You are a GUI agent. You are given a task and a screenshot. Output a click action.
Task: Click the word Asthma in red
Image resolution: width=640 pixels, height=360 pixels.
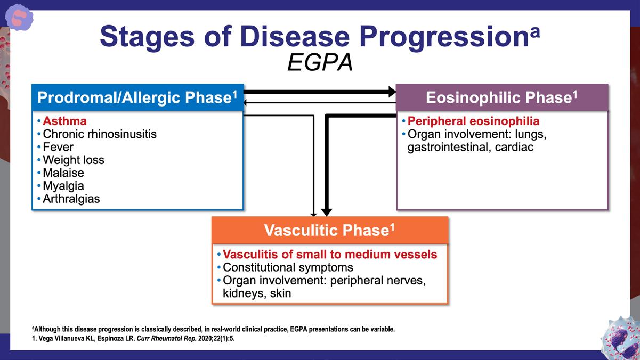64,121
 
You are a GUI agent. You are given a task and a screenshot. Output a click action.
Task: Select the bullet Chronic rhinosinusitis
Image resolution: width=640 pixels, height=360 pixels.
100,134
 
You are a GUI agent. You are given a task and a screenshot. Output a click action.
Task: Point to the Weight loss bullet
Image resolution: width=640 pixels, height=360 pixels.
73,160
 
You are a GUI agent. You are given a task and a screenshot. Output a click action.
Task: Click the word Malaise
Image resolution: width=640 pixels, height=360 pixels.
63,173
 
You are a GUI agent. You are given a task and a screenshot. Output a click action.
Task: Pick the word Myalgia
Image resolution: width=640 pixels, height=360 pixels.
63,186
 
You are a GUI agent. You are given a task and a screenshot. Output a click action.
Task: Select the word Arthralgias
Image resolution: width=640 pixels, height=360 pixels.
71,199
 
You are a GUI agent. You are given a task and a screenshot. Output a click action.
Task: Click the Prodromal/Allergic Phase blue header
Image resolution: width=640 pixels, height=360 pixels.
137,97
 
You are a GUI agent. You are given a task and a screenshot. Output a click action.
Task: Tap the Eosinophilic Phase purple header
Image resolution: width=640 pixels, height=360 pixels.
501,97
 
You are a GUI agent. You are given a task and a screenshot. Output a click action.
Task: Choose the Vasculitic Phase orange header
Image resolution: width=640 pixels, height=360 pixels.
329,230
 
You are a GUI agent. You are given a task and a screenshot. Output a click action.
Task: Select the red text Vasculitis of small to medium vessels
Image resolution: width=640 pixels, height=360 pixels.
329,255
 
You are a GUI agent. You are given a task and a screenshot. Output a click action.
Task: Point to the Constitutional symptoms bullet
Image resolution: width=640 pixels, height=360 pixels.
288,267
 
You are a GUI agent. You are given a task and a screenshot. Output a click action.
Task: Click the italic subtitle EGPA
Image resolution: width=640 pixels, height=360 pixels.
320,63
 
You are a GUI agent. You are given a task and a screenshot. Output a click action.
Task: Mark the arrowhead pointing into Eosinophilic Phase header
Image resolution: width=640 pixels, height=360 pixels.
392,92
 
